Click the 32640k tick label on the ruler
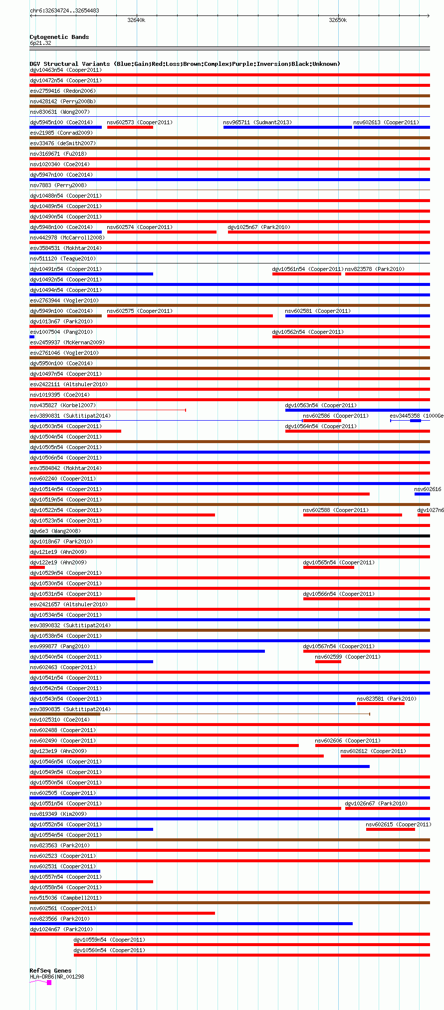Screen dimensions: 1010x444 [x=136, y=20]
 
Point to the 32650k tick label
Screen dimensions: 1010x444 [x=338, y=20]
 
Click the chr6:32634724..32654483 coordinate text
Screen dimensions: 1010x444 [x=64, y=10]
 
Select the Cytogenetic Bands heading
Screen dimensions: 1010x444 [x=59, y=37]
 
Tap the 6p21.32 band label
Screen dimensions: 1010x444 [x=40, y=43]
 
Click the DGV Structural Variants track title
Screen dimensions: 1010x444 [x=185, y=64]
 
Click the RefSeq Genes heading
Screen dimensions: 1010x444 [x=50, y=971]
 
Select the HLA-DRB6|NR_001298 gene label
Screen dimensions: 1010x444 [x=57, y=977]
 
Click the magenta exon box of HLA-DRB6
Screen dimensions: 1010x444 [x=49, y=983]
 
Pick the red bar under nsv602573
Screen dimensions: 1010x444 [x=130, y=127]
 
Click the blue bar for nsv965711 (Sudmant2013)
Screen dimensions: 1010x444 [x=287, y=127]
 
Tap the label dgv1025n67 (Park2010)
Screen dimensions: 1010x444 [x=259, y=227]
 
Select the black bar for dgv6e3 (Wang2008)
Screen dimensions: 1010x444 [x=229, y=536]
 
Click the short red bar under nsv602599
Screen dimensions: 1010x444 [x=328, y=662]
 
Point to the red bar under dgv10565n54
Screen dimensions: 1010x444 [x=328, y=567]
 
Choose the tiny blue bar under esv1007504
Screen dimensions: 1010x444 [x=32, y=337]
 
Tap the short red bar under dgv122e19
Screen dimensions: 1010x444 [x=37, y=567]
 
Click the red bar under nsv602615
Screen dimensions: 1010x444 [x=390, y=829]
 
